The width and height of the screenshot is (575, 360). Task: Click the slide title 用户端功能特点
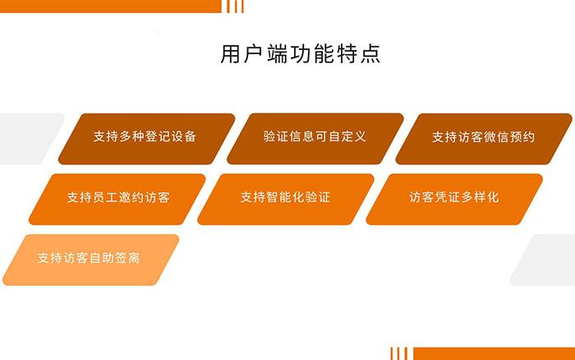[300, 54]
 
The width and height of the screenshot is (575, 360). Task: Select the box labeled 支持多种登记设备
[147, 139]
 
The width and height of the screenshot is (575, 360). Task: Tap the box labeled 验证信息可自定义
[315, 139]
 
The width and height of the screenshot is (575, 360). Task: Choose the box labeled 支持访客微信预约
[484, 139]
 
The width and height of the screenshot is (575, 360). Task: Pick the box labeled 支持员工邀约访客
[117, 199]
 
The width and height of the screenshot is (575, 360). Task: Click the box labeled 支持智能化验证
[286, 199]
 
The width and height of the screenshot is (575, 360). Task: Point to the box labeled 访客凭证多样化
[454, 199]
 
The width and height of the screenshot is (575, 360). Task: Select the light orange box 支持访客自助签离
[91, 260]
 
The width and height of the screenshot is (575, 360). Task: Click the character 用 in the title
[230, 54]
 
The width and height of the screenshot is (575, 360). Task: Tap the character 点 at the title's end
[370, 54]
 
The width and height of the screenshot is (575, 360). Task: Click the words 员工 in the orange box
[105, 197]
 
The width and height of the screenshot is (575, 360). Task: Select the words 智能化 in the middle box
[285, 197]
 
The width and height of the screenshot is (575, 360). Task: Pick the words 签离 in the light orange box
[127, 257]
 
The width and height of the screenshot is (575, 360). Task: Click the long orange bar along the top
[110, 7]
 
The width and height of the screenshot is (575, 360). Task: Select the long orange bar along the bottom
[494, 353]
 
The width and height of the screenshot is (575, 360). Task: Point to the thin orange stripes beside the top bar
[235, 7]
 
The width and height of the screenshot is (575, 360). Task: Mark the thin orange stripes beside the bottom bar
[399, 353]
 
